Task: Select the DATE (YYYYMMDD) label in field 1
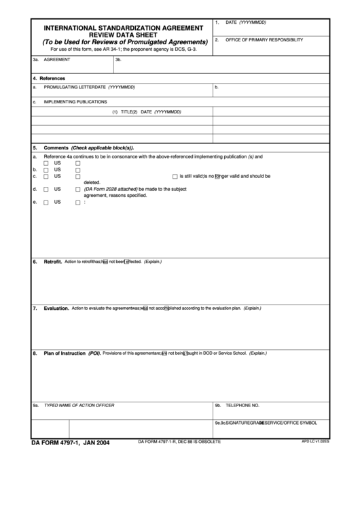[x=246, y=22]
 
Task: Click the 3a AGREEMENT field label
[x=57, y=60]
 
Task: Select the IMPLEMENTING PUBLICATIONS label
[x=75, y=102]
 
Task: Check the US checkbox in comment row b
[x=46, y=170]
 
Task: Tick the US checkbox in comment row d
[x=46, y=189]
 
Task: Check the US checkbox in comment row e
[x=46, y=203]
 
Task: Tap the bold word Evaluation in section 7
[x=56, y=308]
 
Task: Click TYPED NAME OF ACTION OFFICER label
[x=79, y=405]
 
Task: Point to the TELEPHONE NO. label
[x=242, y=405]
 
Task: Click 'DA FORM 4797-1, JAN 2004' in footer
[x=70, y=443]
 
